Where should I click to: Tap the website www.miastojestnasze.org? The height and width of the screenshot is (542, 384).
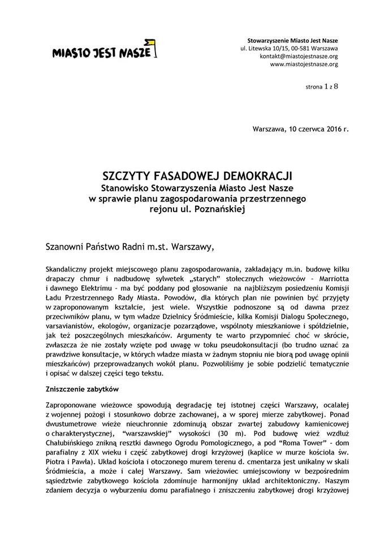(x=304, y=64)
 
